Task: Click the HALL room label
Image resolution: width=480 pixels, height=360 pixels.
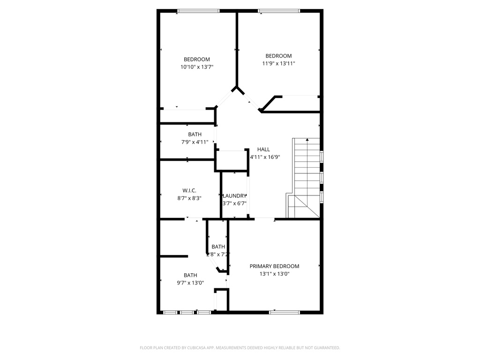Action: point(263,149)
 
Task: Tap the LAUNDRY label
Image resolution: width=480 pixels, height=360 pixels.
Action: point(234,196)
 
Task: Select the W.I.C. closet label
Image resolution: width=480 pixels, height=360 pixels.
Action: point(189,190)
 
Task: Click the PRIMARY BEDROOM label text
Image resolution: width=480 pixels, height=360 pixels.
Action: point(274,266)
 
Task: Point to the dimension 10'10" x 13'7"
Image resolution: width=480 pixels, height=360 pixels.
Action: point(197,67)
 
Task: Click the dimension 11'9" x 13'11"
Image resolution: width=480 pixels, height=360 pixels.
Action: point(278,63)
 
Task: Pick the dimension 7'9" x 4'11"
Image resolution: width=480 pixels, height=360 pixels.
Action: point(195,142)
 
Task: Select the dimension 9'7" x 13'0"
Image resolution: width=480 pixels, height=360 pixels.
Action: point(190,283)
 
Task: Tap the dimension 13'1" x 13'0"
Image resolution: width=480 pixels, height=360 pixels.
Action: point(274,274)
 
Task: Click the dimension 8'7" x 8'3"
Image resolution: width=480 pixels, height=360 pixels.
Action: point(189,198)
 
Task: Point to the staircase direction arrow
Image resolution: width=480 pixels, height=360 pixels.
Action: point(307,140)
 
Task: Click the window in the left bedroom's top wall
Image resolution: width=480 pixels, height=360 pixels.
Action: point(198,11)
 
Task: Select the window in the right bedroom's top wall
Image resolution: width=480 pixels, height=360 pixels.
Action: point(279,11)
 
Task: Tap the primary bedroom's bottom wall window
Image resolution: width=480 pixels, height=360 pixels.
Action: point(284,312)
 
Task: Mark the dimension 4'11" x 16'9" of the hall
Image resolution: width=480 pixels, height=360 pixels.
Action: point(265,157)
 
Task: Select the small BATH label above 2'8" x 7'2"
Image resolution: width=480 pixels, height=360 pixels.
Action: point(218,247)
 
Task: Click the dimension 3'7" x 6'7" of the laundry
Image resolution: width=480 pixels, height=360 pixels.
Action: point(234,203)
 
